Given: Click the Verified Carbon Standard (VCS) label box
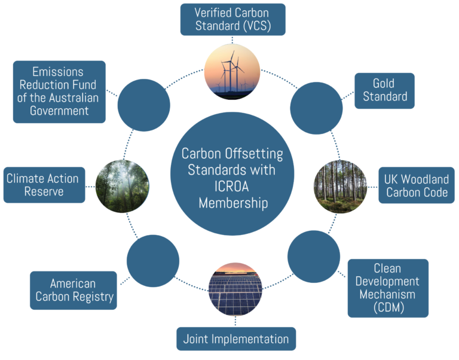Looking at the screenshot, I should pyautogui.click(x=232, y=20).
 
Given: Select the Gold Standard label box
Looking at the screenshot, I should pyautogui.click(x=384, y=90).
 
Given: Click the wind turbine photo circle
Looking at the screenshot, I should pyautogui.click(x=232, y=72).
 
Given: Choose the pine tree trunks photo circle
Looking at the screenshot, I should pyautogui.click(x=340, y=186).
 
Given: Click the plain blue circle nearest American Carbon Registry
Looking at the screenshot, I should pyautogui.click(x=153, y=260).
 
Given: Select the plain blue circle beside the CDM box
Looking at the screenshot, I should pyautogui.click(x=313, y=257).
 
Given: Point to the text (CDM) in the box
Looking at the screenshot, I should pyautogui.click(x=388, y=308).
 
